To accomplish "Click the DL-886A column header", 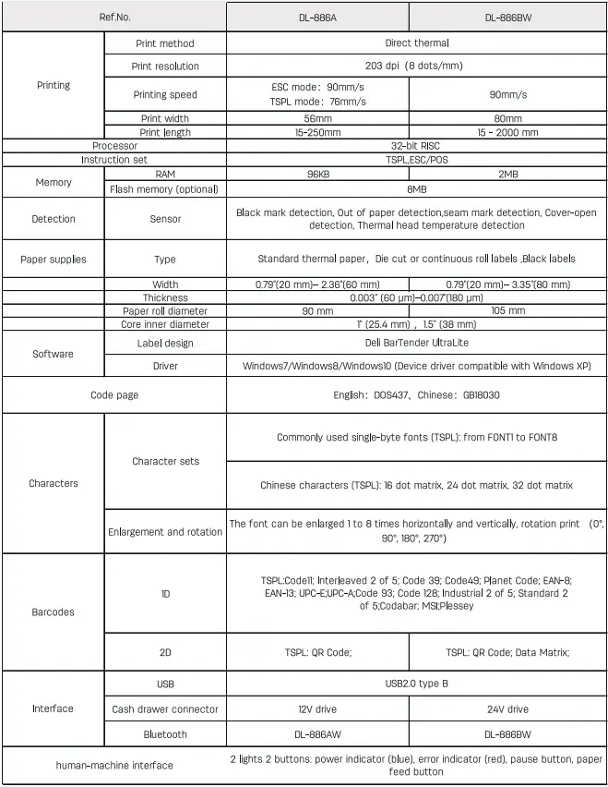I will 318,18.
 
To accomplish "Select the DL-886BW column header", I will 507,18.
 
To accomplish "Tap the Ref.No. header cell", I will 114,18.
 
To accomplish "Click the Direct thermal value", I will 417,42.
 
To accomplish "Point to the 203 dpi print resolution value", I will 417,66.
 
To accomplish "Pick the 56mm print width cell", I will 318,118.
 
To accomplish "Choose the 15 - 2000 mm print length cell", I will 507,132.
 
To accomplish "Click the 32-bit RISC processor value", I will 417,146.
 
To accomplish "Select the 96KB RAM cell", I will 318,174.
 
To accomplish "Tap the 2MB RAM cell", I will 507,174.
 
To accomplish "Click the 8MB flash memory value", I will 417,189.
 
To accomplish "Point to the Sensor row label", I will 165,219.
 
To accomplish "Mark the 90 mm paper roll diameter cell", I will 318,311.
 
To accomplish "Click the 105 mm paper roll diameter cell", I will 507,311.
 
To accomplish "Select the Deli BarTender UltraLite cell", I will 417,344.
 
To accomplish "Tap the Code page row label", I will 114,394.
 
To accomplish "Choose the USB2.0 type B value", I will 417,684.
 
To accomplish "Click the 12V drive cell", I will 318,709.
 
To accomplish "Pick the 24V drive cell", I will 507,709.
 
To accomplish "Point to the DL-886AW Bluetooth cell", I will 318,734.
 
